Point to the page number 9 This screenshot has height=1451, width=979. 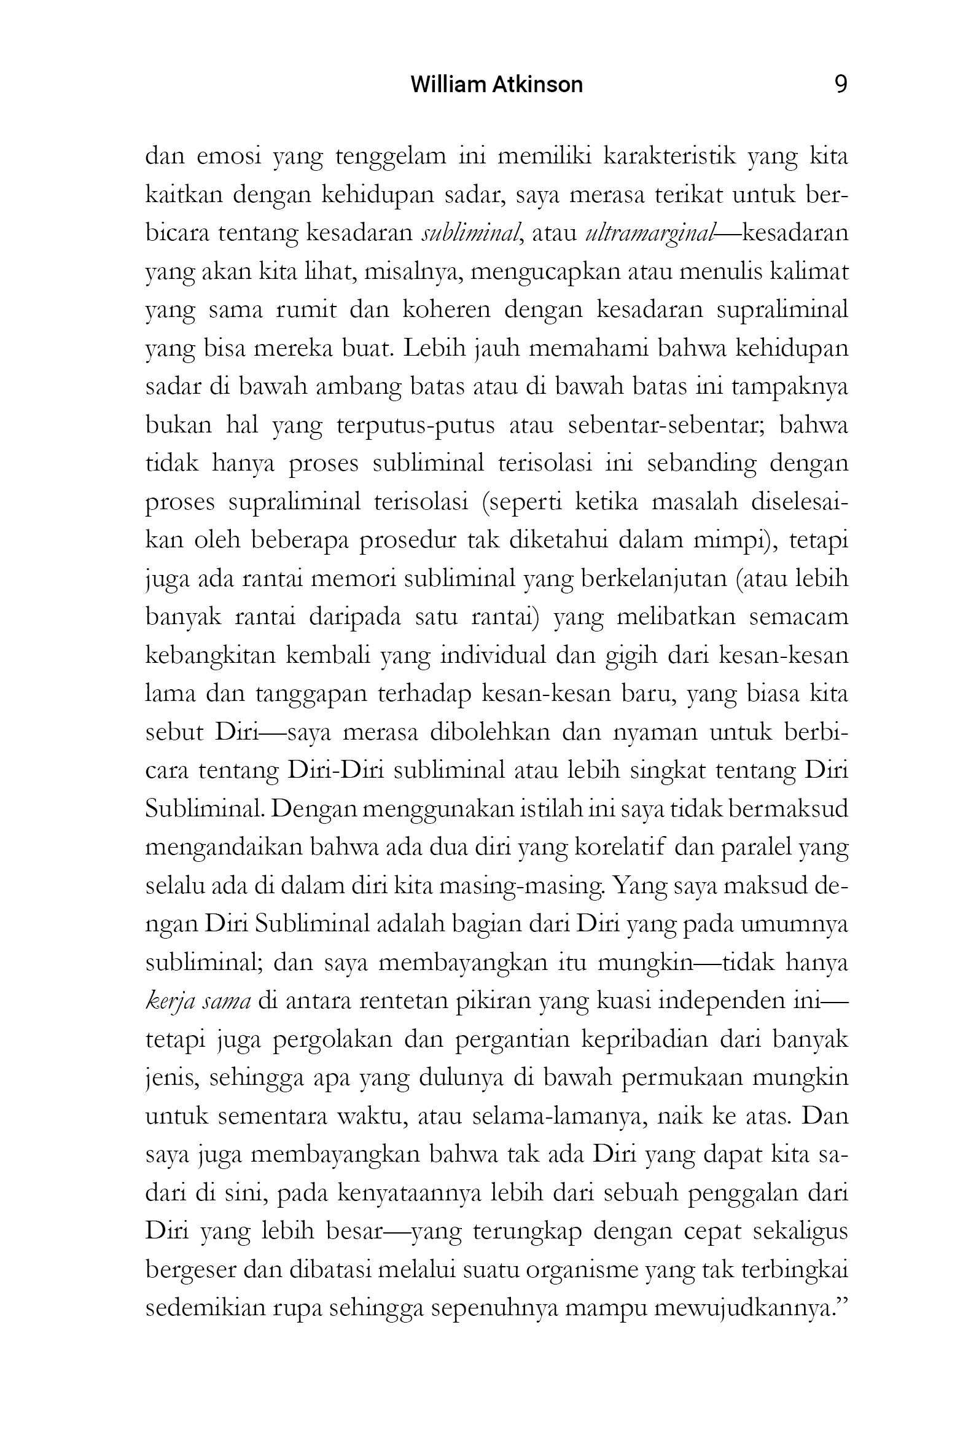coord(840,84)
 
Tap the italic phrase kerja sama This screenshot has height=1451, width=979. coord(198,1001)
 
